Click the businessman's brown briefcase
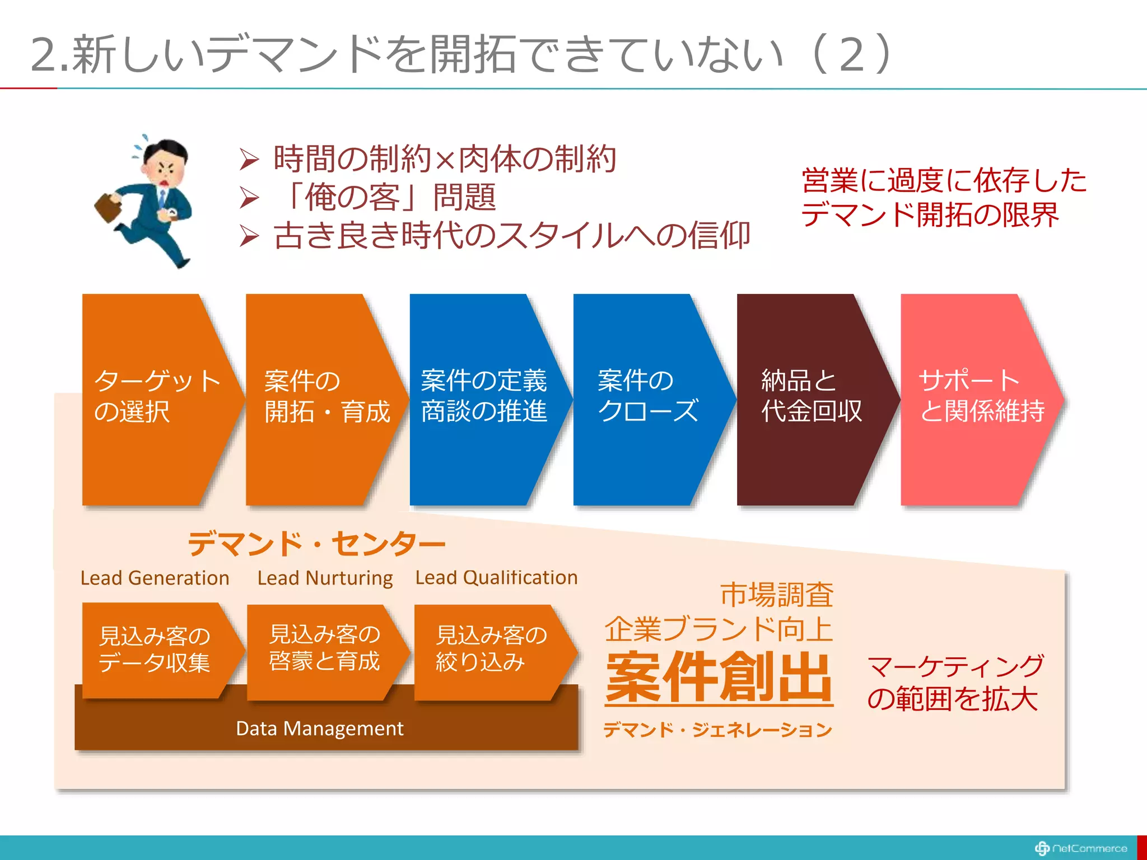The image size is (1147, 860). tap(109, 207)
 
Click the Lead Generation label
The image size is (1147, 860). tap(155, 578)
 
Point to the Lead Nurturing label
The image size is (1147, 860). tap(325, 578)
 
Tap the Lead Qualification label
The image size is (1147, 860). tap(496, 577)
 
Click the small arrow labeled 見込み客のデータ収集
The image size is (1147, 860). tap(156, 649)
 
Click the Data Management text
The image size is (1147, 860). tap(319, 728)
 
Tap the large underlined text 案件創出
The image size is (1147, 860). tap(719, 677)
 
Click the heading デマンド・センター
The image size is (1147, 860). tap(316, 544)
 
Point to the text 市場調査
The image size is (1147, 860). tap(777, 595)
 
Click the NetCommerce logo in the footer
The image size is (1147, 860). tap(1081, 848)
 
